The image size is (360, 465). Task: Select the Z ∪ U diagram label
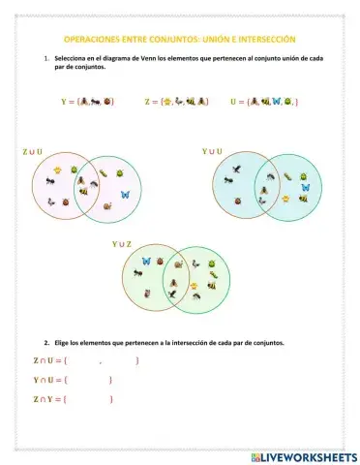(x=32, y=151)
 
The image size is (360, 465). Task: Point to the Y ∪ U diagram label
(x=212, y=151)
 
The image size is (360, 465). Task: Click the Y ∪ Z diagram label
(x=122, y=245)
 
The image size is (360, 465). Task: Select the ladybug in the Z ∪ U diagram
(x=65, y=202)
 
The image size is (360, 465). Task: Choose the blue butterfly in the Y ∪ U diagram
(x=305, y=187)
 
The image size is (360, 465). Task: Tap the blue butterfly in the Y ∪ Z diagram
(x=146, y=261)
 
